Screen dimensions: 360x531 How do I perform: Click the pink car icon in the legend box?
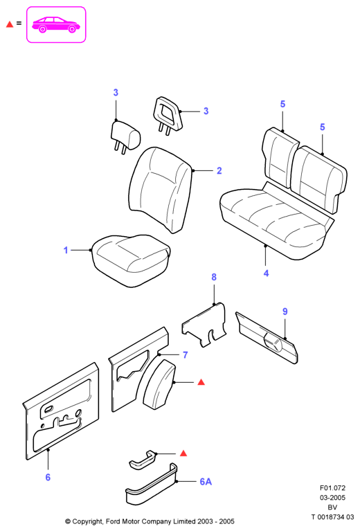[x=56, y=25]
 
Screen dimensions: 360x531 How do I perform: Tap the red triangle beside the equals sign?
[x=10, y=24]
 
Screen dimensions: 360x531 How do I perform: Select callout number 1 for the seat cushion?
[x=66, y=250]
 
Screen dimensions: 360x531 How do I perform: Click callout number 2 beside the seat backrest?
[x=219, y=170]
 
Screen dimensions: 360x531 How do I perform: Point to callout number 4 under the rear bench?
[x=266, y=273]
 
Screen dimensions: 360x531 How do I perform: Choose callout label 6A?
[x=206, y=481]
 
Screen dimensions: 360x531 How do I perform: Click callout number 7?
[x=186, y=354]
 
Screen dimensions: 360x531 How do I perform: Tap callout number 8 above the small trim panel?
[x=214, y=277]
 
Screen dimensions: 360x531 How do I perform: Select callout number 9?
[x=285, y=312]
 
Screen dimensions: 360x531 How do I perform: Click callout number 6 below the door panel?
[x=48, y=477]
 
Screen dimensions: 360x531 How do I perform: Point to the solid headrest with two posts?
[x=125, y=137]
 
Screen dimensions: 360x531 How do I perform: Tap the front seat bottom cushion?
[x=131, y=260]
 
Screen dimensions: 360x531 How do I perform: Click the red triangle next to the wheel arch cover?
[x=201, y=382]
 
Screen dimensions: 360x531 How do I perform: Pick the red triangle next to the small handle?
[x=183, y=453]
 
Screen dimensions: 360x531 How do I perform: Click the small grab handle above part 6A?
[x=143, y=460]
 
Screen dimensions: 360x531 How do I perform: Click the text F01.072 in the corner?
[x=332, y=488]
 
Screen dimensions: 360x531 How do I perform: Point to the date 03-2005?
[x=332, y=498]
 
